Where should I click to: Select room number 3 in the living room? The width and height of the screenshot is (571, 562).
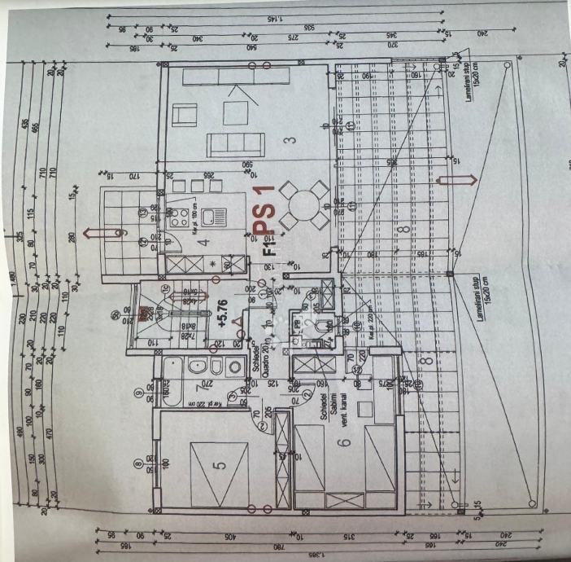289,140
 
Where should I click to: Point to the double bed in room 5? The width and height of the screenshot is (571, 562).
218,472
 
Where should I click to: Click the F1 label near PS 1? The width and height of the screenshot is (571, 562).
269,247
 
